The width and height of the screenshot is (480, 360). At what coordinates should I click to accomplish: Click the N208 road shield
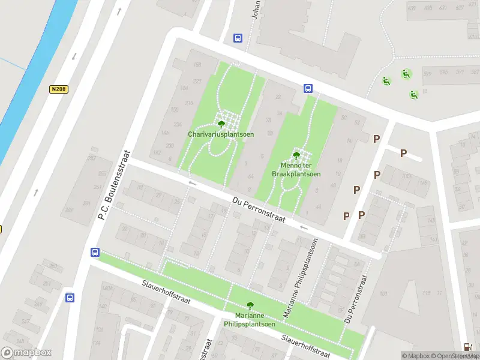[58, 89]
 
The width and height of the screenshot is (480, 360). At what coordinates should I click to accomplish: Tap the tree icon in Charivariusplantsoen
[221, 124]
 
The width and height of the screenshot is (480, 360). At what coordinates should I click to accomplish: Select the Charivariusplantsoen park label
[221, 134]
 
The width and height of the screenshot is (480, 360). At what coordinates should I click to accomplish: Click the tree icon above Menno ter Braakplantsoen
[296, 155]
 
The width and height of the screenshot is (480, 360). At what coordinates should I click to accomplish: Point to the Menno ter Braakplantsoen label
[296, 170]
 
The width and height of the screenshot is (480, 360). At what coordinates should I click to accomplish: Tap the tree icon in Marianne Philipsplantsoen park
[250, 306]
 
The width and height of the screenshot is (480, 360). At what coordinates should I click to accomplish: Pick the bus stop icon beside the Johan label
[238, 38]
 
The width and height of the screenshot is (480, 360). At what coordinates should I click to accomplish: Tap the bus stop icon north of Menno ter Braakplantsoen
[308, 88]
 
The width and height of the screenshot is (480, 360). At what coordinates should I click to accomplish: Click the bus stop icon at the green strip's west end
[95, 252]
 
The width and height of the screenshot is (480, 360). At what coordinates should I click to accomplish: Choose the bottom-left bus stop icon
[70, 297]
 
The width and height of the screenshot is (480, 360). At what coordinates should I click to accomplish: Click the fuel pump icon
[467, 347]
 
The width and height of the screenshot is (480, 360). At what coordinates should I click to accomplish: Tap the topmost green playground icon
[406, 74]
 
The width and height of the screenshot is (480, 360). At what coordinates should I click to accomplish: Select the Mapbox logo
[26, 352]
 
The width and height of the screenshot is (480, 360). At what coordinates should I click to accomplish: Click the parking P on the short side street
[403, 154]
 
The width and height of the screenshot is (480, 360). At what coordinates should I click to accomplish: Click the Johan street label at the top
[256, 10]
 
